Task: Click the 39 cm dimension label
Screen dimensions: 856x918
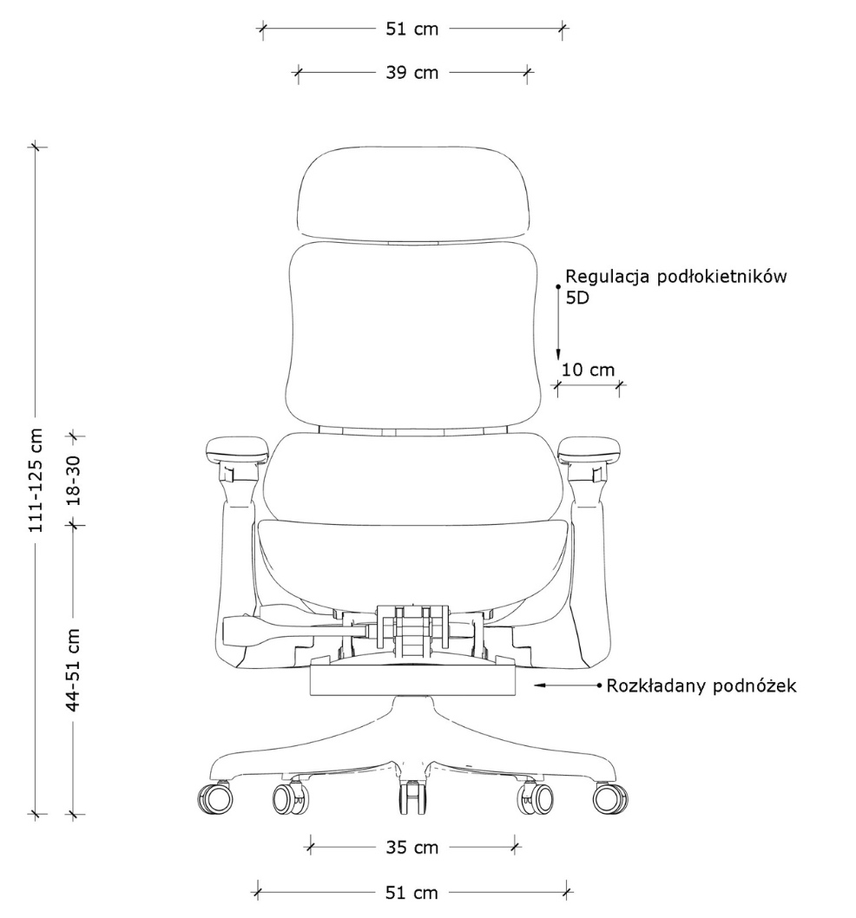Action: pyautogui.click(x=412, y=73)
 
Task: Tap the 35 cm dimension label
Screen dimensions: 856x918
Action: pyautogui.click(x=412, y=847)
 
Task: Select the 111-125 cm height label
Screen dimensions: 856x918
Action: pyautogui.click(x=36, y=480)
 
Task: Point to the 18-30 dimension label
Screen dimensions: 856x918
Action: pyautogui.click(x=73, y=481)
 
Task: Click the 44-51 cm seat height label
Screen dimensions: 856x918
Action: pyautogui.click(x=73, y=671)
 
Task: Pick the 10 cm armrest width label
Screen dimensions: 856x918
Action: pyautogui.click(x=589, y=370)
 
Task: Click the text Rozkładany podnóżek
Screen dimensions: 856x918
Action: pyautogui.click(x=701, y=685)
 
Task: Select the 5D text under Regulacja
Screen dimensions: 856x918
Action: pyautogui.click(x=577, y=298)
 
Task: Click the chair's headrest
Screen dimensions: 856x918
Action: pyautogui.click(x=413, y=193)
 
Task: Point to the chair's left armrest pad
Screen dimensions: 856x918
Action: pyautogui.click(x=237, y=448)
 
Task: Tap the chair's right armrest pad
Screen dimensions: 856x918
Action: pyautogui.click(x=589, y=448)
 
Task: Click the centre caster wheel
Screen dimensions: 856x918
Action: pyautogui.click(x=412, y=797)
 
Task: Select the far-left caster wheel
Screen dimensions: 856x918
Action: pyautogui.click(x=215, y=798)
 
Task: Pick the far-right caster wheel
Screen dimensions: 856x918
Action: pyautogui.click(x=610, y=798)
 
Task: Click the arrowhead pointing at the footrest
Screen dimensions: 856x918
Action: pyautogui.click(x=540, y=685)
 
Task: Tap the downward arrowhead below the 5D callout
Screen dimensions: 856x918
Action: pyautogui.click(x=558, y=354)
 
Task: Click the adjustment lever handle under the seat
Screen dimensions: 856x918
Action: pyautogui.click(x=240, y=630)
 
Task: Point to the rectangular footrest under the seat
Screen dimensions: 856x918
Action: pyautogui.click(x=412, y=680)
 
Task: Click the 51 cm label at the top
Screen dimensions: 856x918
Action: pyautogui.click(x=412, y=29)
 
